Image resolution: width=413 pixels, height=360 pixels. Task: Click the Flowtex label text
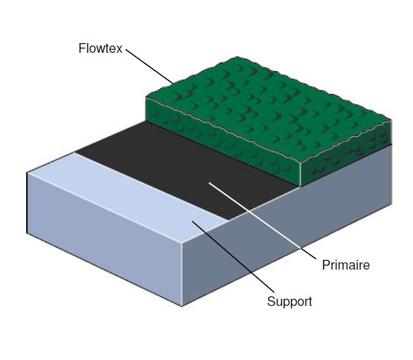(101, 48)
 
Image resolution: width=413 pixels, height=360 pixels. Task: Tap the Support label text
(290, 301)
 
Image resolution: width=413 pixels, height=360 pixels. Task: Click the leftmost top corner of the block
(27, 173)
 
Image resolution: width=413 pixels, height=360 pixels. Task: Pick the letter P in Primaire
(325, 265)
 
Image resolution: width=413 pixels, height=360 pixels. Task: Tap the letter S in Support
(271, 301)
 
